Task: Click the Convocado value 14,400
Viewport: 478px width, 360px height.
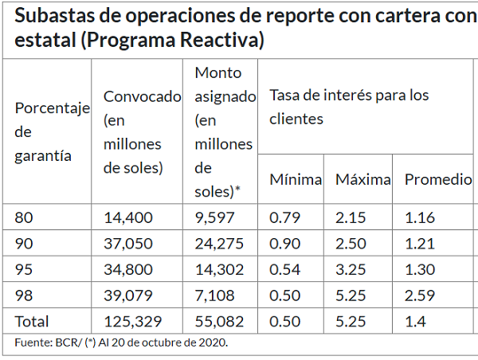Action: [x=128, y=217]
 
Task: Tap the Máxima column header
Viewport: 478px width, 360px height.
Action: [x=362, y=179]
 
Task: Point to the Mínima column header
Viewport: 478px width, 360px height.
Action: [x=295, y=179]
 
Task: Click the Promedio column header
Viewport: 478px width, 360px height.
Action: [x=438, y=179]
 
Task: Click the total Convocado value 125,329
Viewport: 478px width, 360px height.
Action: [x=133, y=322]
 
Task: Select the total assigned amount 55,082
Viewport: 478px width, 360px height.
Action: [x=219, y=322]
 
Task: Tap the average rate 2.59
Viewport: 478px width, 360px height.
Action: [x=419, y=295]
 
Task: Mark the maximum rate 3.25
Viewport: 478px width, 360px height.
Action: [x=350, y=269]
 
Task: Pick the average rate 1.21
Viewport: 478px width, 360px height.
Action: [x=419, y=243]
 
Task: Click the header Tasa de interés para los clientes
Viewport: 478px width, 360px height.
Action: [x=349, y=107]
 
